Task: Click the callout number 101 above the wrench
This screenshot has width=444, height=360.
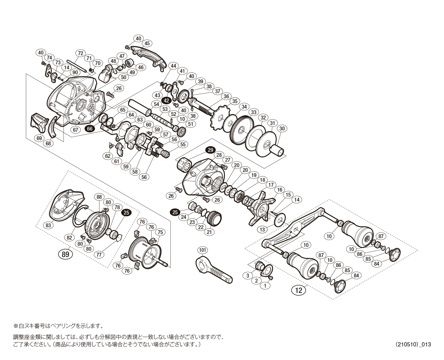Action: [203, 250]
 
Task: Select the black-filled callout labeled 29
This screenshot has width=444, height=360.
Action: [210, 150]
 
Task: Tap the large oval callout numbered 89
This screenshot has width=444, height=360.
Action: [65, 254]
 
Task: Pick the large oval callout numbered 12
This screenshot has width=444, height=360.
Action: [299, 290]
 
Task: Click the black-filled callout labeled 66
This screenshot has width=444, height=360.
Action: [89, 129]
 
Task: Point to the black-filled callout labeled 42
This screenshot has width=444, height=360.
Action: [167, 100]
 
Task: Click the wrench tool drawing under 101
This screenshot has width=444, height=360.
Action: [213, 270]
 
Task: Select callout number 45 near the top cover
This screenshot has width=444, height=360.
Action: [147, 43]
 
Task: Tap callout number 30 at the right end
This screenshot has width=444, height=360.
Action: [282, 128]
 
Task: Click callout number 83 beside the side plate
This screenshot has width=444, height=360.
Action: [48, 225]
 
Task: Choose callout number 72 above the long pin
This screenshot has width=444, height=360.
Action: [80, 53]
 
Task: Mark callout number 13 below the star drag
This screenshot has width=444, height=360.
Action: [262, 229]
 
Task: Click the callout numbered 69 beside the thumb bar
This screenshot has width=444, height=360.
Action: [39, 138]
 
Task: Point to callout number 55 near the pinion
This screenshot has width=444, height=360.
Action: [183, 144]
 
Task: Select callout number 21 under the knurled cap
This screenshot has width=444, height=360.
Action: [209, 232]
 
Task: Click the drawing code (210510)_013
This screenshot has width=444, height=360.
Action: [413, 344]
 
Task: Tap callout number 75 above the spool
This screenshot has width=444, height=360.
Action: [160, 232]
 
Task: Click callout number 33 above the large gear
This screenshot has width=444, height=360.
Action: [254, 112]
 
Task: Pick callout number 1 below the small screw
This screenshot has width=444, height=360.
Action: [265, 286]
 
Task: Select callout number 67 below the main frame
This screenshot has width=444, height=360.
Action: [75, 130]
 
